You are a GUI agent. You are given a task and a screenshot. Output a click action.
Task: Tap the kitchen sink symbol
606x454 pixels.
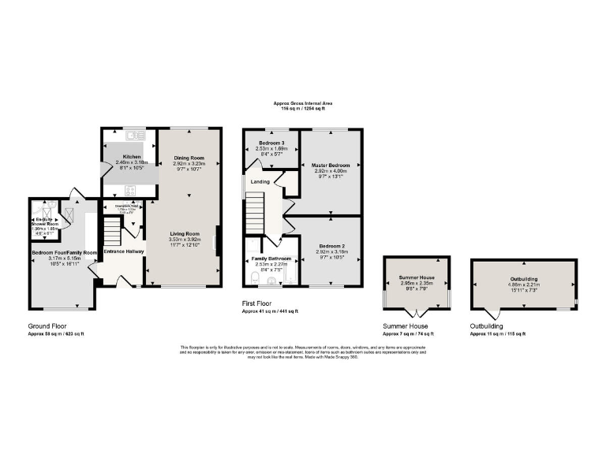pos(130,136)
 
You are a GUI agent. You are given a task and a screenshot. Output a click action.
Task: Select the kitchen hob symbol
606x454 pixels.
pos(129,190)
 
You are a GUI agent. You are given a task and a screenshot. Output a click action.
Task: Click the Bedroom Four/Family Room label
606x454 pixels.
pos(64,253)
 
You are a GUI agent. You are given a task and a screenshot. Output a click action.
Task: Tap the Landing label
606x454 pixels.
pos(260,182)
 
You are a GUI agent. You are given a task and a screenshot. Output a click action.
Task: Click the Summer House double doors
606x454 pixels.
pos(416,312)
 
